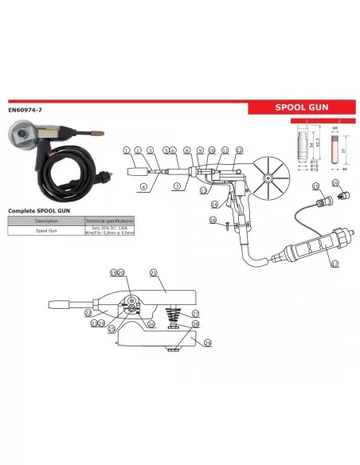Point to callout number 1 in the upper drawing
click(126, 150)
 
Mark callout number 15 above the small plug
click(335, 183)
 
